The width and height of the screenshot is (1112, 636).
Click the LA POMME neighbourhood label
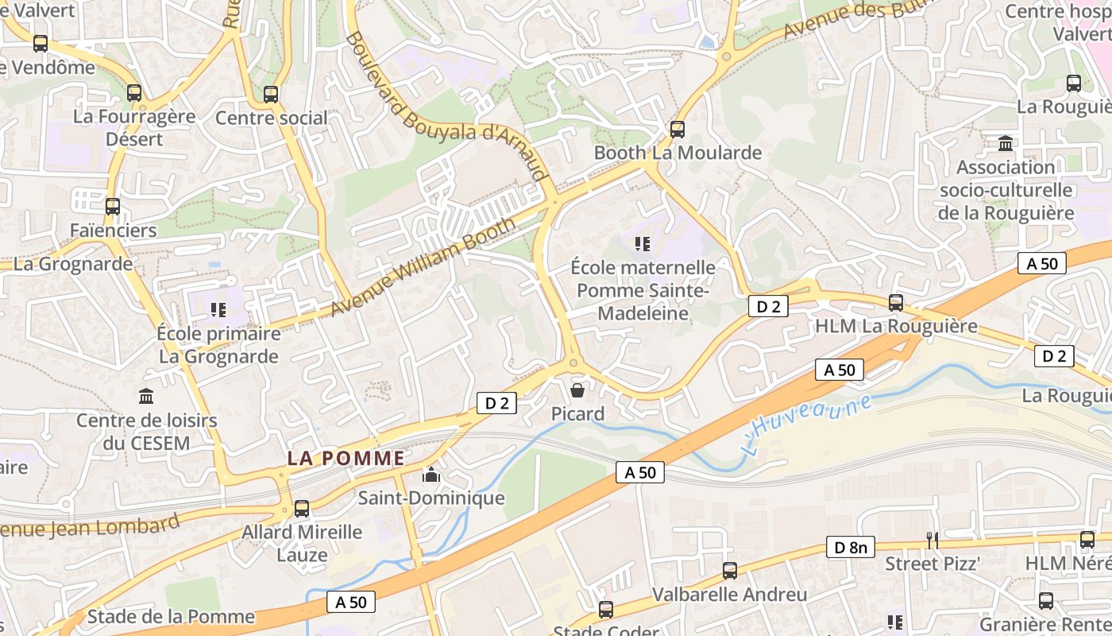pyautogui.click(x=346, y=459)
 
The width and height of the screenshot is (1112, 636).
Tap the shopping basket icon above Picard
pyautogui.click(x=577, y=390)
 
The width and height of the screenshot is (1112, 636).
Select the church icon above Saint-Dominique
pyautogui.click(x=431, y=475)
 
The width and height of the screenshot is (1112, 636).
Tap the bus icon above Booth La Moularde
pyautogui.click(x=678, y=129)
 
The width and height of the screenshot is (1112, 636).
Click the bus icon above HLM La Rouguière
pyautogui.click(x=896, y=303)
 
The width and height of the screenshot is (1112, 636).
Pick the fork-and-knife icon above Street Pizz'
pyautogui.click(x=932, y=541)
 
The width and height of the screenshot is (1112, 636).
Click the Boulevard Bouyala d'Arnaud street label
pyautogui.click(x=447, y=107)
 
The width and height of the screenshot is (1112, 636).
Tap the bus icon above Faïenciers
pyautogui.click(x=113, y=207)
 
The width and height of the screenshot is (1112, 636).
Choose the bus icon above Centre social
pyautogui.click(x=271, y=95)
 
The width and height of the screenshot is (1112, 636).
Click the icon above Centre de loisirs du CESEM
pyautogui.click(x=146, y=395)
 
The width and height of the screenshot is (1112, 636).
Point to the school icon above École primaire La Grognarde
pyautogui.click(x=218, y=309)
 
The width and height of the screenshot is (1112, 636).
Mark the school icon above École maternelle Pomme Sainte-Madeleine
pyautogui.click(x=643, y=243)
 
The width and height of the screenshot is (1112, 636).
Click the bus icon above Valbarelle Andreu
pyautogui.click(x=729, y=571)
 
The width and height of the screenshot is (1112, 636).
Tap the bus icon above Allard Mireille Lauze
pyautogui.click(x=302, y=509)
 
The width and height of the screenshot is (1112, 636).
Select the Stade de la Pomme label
pyautogui.click(x=171, y=616)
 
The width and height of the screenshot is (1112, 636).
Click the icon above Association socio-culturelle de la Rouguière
pyautogui.click(x=1006, y=144)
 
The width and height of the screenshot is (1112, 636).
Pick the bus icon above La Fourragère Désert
pyautogui.click(x=134, y=93)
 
